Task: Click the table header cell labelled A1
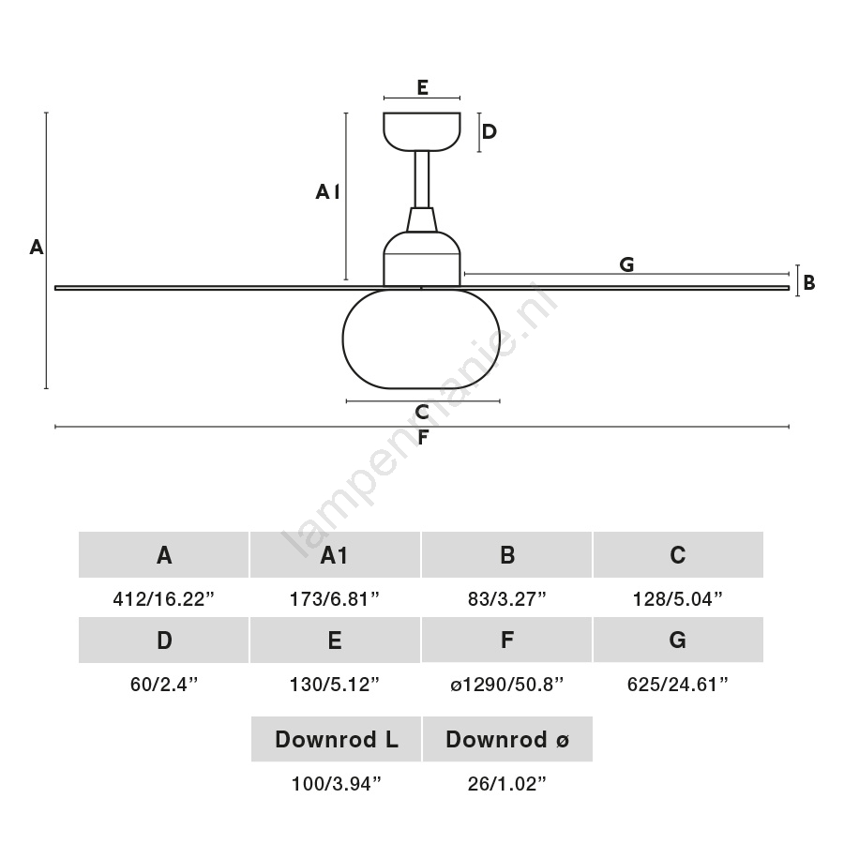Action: tap(335, 555)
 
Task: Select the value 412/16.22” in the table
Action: tap(164, 598)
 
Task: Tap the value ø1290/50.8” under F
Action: tap(507, 684)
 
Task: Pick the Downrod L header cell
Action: tap(336, 739)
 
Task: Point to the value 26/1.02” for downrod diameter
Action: tap(507, 783)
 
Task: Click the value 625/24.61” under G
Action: tap(678, 684)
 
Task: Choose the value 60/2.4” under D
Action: tap(164, 684)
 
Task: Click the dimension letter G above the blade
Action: tap(626, 264)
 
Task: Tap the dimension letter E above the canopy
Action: tap(422, 87)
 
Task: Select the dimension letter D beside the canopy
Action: tap(490, 131)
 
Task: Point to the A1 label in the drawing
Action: tap(327, 192)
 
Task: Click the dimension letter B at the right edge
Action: tap(809, 281)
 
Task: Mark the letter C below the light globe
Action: tap(422, 412)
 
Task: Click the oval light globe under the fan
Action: tap(422, 339)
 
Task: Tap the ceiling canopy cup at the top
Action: tap(422, 131)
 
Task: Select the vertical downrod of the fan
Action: tap(422, 178)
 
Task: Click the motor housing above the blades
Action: tap(422, 258)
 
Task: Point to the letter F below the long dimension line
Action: tap(422, 438)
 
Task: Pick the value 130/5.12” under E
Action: tap(335, 684)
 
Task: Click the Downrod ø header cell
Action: tap(507, 739)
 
